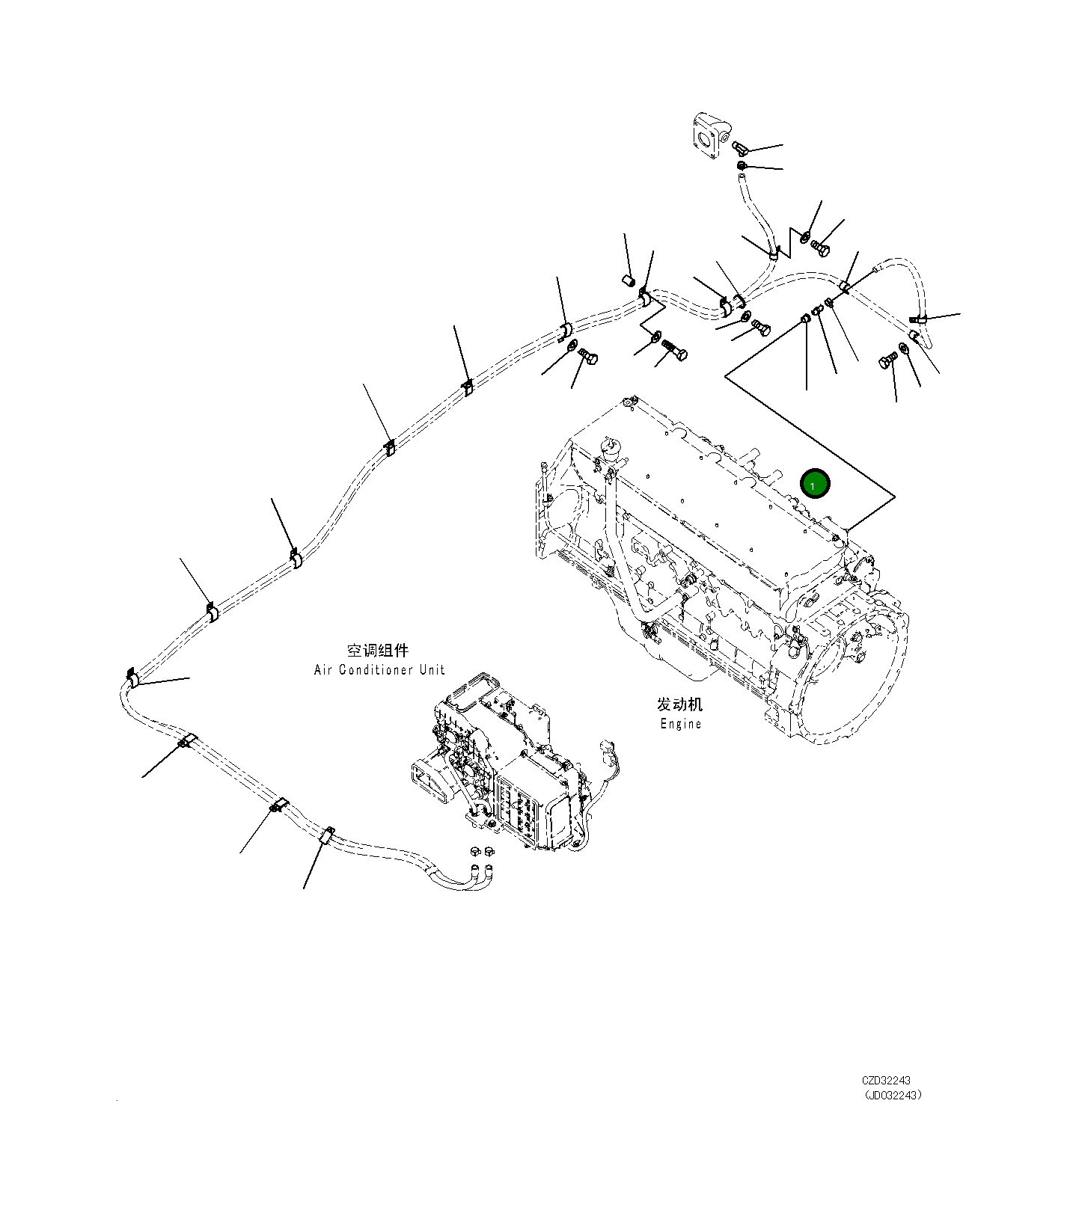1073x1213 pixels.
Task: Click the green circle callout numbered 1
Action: pyautogui.click(x=814, y=484)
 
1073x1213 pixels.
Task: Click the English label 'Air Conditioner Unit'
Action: pyautogui.click(x=379, y=670)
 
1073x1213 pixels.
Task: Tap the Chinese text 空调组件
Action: pyautogui.click(x=378, y=651)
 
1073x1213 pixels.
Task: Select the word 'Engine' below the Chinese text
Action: pyautogui.click(x=681, y=724)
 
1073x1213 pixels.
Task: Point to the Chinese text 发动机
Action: pyautogui.click(x=680, y=704)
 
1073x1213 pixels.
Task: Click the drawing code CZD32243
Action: pyautogui.click(x=886, y=1081)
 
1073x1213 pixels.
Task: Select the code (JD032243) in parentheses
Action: pyautogui.click(x=892, y=1096)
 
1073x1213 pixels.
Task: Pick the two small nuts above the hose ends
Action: pyautogui.click(x=481, y=851)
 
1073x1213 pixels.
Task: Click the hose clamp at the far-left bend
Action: pyautogui.click(x=132, y=678)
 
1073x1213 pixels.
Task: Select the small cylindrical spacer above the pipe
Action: pyautogui.click(x=629, y=280)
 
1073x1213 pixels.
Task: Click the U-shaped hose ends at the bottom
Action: pyautogui.click(x=479, y=876)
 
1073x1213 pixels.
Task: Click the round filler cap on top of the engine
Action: pyautogui.click(x=611, y=448)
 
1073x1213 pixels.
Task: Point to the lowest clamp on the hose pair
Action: pyautogui.click(x=326, y=835)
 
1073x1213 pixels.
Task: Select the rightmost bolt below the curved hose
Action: pyautogui.click(x=887, y=362)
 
